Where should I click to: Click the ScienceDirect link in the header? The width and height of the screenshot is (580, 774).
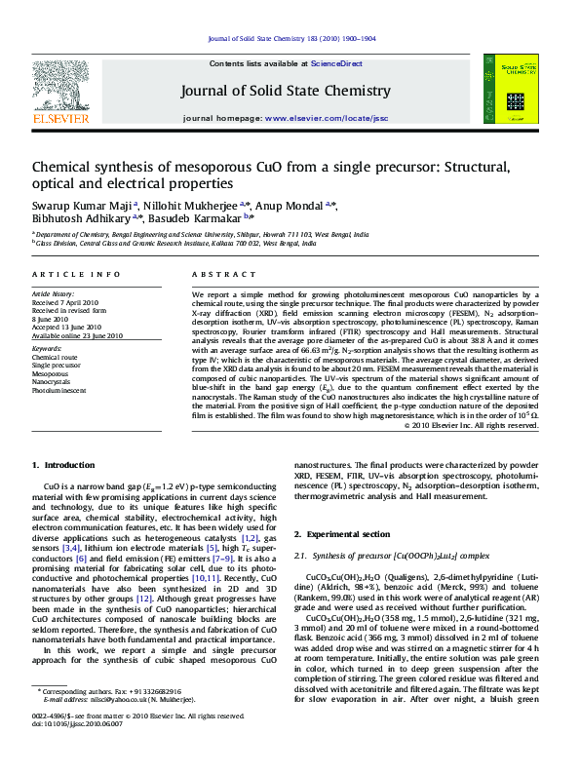336,62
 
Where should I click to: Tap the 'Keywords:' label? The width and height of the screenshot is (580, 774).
47,347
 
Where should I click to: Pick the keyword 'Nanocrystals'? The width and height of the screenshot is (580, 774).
52,381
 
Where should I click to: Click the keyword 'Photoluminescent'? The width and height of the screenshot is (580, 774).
58,390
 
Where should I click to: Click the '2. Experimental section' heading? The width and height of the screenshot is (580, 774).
348,535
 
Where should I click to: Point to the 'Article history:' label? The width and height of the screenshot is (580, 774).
53,292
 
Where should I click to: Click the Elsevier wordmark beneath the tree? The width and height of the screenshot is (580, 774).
60,118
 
